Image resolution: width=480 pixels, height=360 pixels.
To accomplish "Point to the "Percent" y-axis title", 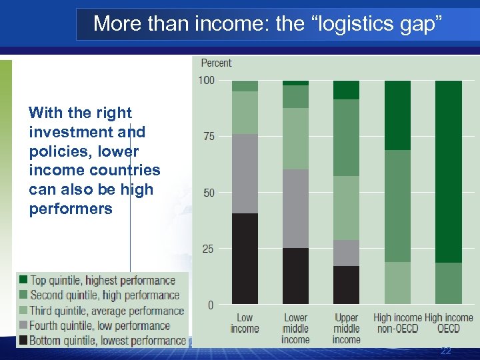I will (x=216, y=63).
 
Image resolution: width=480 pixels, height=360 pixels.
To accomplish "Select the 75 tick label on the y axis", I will (x=208, y=137).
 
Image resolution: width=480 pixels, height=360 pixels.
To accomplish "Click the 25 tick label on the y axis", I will (x=208, y=249).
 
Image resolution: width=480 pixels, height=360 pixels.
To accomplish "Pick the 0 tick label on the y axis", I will (x=211, y=305).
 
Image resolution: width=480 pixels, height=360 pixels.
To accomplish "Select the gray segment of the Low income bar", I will (x=245, y=173).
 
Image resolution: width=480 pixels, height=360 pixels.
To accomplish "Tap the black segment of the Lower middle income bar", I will (x=295, y=276).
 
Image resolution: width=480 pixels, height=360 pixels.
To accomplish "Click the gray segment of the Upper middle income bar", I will (x=346, y=253).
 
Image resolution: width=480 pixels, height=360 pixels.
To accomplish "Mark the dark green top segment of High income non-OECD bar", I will (x=397, y=115).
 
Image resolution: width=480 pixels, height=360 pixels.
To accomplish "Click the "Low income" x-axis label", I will (x=245, y=323).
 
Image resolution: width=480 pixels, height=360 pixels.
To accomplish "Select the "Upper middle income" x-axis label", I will (x=346, y=329).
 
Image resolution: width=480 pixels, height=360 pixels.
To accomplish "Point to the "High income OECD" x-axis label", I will (x=449, y=323).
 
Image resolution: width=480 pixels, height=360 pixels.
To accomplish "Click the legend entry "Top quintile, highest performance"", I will (x=102, y=281).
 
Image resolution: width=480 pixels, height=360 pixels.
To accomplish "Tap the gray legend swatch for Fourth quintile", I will (x=23, y=326).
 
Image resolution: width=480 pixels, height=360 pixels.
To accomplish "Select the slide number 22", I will (x=445, y=351).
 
